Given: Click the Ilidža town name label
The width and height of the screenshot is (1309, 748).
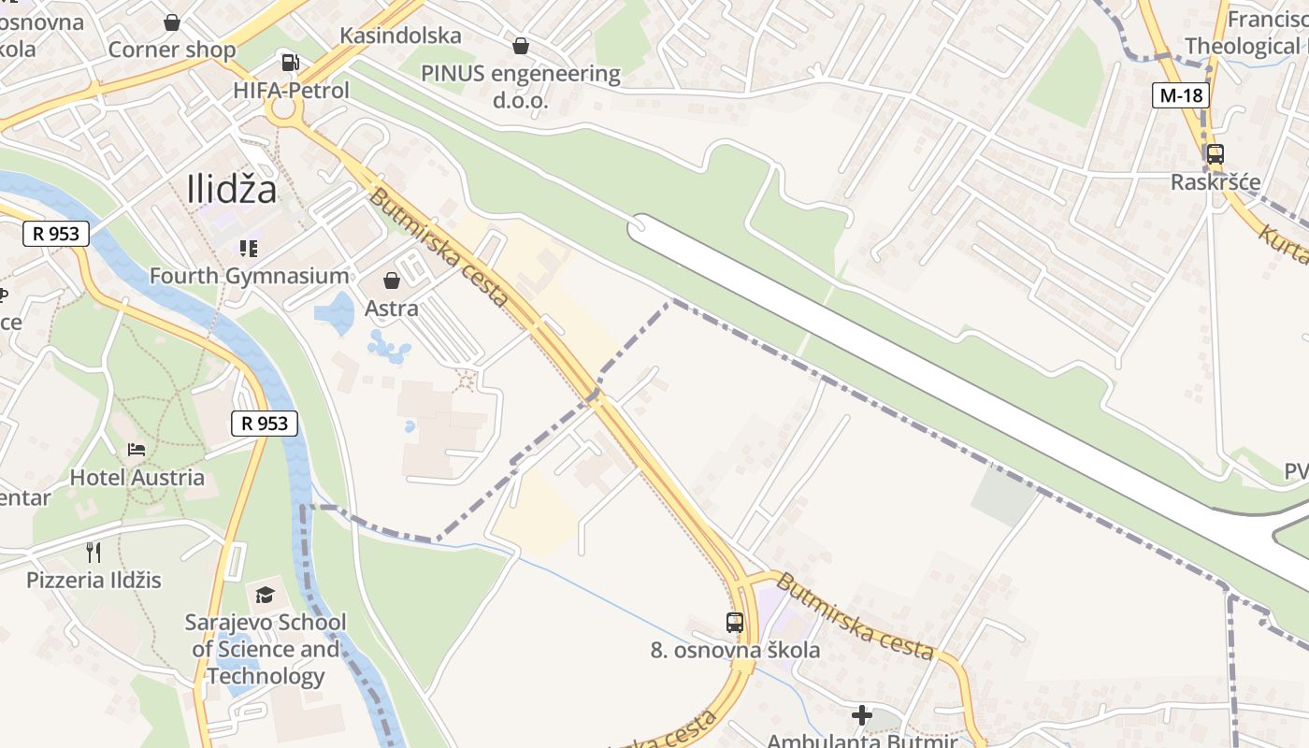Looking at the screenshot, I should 232,190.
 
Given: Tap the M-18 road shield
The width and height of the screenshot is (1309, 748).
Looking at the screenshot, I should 1180,94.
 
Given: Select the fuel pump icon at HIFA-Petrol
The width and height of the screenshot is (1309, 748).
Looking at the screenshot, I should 290,63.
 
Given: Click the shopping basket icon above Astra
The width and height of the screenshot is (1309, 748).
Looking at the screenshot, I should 392,280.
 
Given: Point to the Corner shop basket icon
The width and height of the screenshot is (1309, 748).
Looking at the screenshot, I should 172,22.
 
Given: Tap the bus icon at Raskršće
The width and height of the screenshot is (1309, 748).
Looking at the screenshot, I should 1215,154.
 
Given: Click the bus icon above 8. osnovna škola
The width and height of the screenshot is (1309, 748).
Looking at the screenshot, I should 735,622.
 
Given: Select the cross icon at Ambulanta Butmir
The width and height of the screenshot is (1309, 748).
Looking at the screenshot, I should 862,715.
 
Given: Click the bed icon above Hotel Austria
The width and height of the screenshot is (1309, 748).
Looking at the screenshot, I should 137,449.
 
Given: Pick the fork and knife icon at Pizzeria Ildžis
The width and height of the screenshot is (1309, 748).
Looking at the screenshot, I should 93,552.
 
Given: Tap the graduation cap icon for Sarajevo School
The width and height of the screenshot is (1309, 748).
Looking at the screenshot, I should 266,595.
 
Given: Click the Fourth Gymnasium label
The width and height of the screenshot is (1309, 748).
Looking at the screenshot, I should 249,276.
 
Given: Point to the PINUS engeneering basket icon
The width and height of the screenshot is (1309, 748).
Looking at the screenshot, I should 521,45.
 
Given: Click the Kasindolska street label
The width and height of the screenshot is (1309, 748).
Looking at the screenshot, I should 400,36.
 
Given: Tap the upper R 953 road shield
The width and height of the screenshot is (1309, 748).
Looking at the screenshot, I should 56,234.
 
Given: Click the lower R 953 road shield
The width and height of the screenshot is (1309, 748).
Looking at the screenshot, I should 265,424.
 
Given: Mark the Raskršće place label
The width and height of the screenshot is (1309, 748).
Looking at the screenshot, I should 1215,182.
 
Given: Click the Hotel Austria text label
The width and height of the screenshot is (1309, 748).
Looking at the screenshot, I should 137,478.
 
